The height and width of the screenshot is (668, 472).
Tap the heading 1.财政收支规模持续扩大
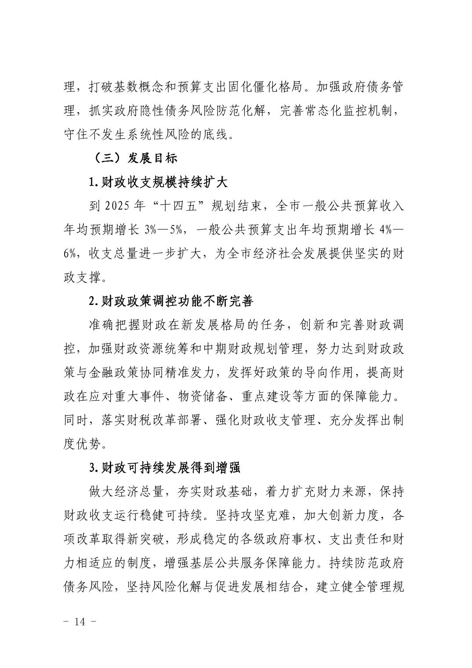[158, 182]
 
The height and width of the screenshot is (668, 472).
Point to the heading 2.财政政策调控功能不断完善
[171, 301]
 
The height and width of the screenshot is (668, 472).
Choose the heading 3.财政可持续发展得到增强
[165, 468]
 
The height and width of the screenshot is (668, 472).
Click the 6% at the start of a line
[71, 254]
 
